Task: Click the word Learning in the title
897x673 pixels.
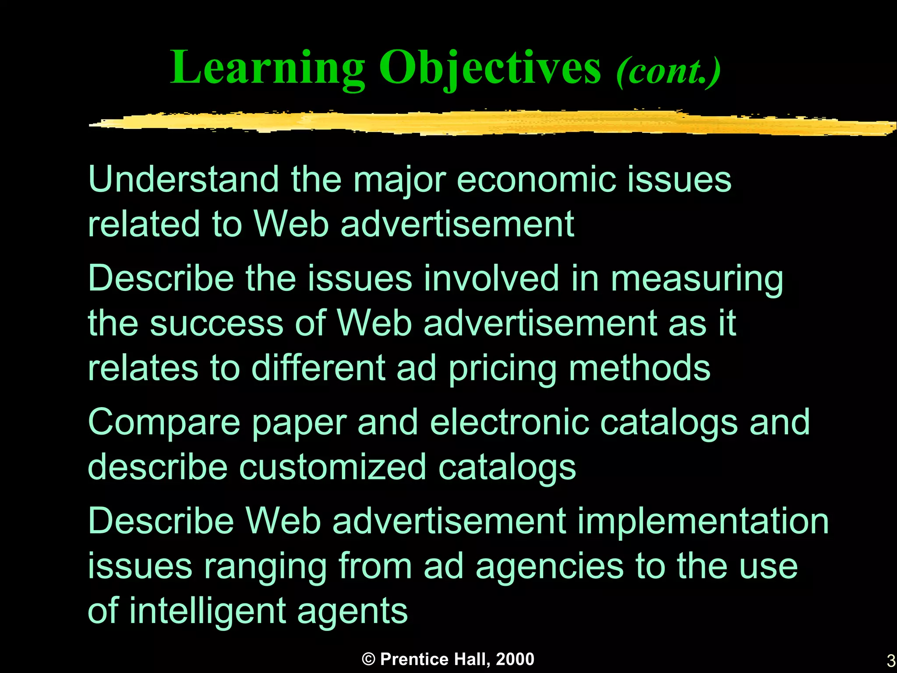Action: coord(267,68)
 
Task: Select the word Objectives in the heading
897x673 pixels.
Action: coord(490,68)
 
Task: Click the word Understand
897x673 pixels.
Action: coord(184,179)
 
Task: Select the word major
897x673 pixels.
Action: coord(399,180)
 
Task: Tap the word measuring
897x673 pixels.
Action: coord(697,279)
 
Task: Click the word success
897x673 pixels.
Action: coord(216,323)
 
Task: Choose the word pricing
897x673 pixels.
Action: coord(502,369)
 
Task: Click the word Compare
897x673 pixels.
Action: coord(164,423)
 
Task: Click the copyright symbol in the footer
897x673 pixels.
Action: coord(369,659)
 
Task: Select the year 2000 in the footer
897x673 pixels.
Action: coord(515,659)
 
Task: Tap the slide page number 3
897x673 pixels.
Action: coord(890,660)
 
